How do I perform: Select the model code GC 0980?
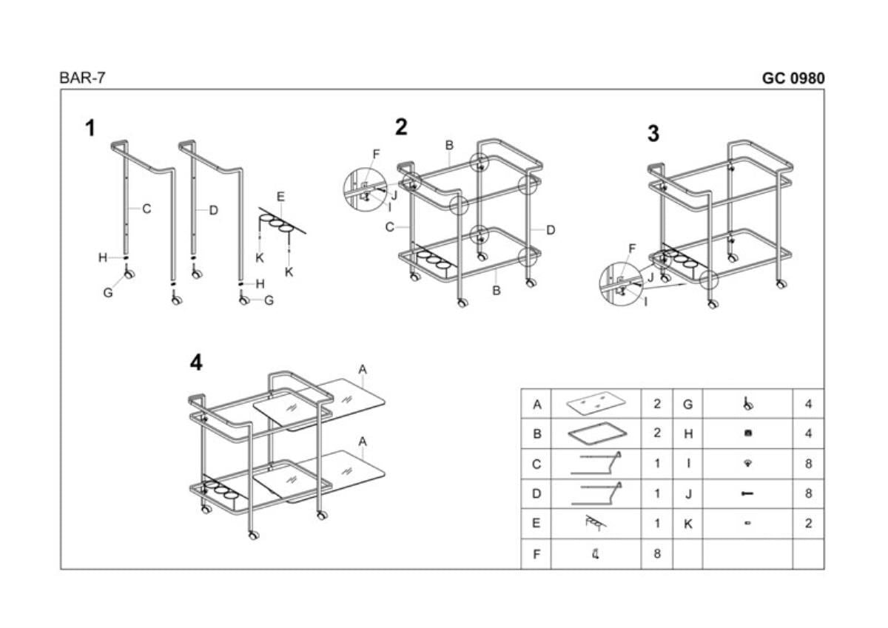(793, 78)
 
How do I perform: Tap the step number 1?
(90, 129)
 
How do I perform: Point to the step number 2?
(401, 127)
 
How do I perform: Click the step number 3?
(653, 134)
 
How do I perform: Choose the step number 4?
(195, 362)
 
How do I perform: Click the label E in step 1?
(280, 197)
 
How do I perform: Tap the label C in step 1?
(147, 209)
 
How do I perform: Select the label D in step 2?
(551, 230)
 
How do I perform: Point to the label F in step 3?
(632, 248)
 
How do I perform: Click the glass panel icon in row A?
(596, 405)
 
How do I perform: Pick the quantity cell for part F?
(656, 553)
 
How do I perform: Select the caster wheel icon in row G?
(747, 404)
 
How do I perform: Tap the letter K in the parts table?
(687, 524)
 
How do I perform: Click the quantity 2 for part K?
(808, 524)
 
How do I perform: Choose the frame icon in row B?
(596, 434)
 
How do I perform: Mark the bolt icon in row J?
(747, 494)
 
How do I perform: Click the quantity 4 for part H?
(808, 434)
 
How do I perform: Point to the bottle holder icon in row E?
(596, 524)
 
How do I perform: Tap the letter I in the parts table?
(687, 465)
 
